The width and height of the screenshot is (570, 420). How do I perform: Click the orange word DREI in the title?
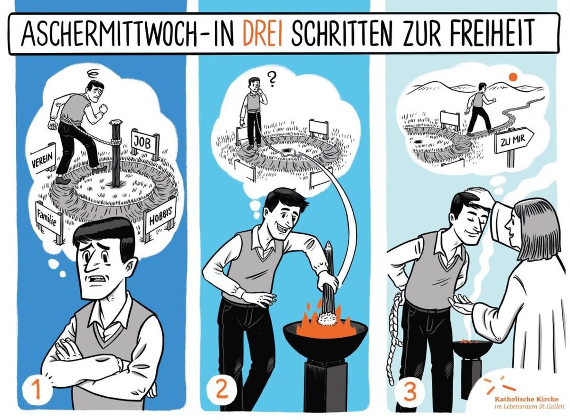(x=262, y=33)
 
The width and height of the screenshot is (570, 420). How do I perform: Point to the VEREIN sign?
(x=44, y=159)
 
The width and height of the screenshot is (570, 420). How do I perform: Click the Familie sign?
(x=49, y=219)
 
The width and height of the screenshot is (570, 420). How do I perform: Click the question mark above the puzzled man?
(x=272, y=80)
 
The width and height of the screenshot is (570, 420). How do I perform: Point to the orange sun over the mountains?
(x=513, y=77)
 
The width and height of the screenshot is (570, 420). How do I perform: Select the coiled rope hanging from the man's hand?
(x=396, y=336)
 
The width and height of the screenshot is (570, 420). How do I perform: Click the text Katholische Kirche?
(x=527, y=399)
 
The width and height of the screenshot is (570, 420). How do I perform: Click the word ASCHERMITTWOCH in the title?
(x=108, y=33)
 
